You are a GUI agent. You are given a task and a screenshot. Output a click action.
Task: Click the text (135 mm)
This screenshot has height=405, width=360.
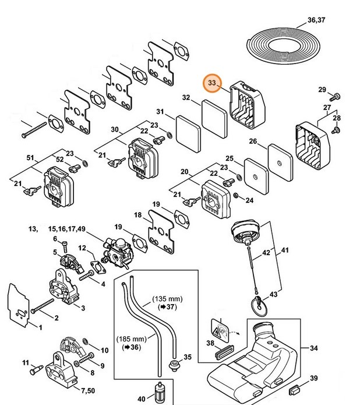pyautogui.click(x=165, y=298)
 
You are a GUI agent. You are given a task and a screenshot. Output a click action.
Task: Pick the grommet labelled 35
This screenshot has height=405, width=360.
pyautogui.click(x=172, y=365)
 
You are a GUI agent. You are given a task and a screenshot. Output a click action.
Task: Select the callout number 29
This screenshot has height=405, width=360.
pyautogui.click(x=322, y=89)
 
